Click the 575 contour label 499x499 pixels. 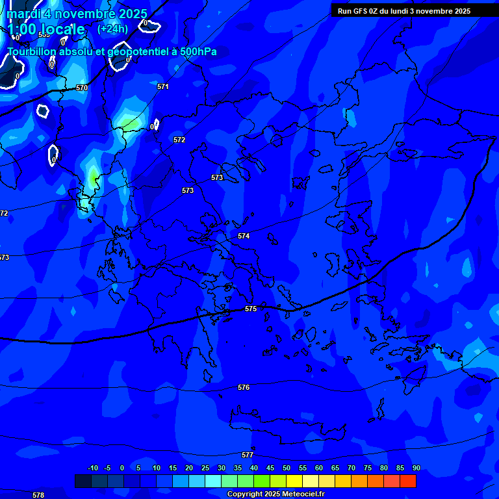(x=251, y=309)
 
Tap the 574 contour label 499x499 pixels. (x=244, y=236)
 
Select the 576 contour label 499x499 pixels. (x=244, y=387)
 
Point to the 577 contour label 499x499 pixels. (x=248, y=455)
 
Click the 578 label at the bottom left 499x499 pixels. (x=38, y=495)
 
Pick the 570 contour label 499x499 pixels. (x=82, y=88)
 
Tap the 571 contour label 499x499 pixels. (x=163, y=86)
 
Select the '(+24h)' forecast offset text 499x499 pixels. (x=112, y=29)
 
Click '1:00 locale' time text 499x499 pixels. (x=46, y=29)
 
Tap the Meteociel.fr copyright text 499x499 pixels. (x=275, y=494)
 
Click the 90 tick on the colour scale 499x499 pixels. (x=416, y=468)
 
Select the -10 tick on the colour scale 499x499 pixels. (x=93, y=468)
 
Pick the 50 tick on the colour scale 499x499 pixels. (x=287, y=468)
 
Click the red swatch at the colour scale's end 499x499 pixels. (x=408, y=481)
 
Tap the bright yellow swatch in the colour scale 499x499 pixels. (x=294, y=481)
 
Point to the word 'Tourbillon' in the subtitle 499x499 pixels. (x=32, y=51)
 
